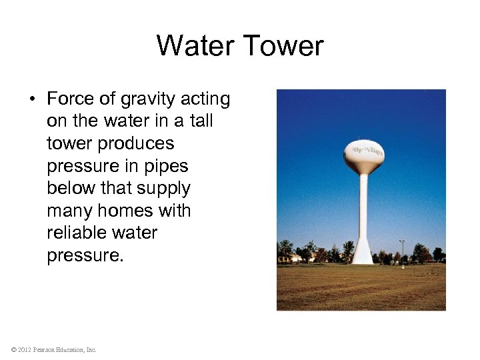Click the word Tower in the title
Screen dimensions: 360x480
pyautogui.click(x=283, y=46)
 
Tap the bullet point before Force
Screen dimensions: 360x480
pyautogui.click(x=31, y=100)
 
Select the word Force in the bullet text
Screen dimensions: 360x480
pyautogui.click(x=71, y=99)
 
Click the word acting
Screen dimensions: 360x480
pyautogui.click(x=206, y=99)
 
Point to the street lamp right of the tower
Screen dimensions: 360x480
pyautogui.click(x=402, y=251)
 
